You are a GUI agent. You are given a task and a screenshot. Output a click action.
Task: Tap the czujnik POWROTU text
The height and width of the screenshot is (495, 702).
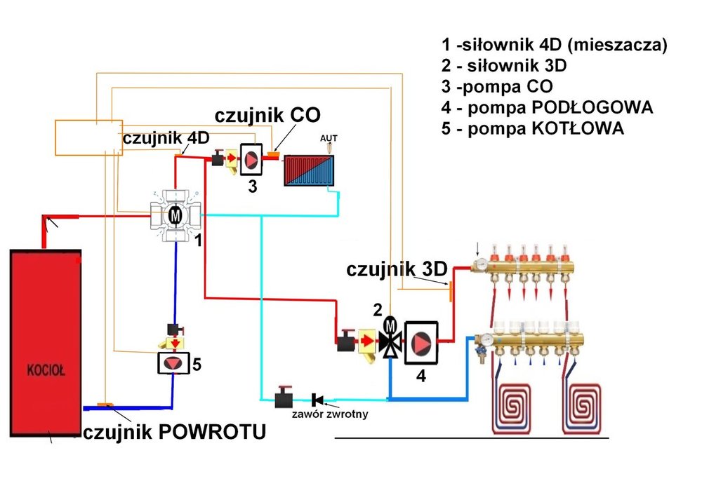coord(175,433)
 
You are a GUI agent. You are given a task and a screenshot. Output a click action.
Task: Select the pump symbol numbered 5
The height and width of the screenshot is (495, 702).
coord(173,362)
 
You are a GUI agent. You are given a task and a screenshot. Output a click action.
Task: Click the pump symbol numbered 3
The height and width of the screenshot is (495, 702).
coord(251,158)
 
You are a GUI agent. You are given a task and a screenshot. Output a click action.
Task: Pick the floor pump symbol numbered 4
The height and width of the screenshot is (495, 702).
coord(421,344)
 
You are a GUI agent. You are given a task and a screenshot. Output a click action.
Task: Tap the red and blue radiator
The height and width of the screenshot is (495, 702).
coord(310,170)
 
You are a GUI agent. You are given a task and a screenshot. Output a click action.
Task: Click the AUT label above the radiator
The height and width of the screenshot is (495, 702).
coord(329,137)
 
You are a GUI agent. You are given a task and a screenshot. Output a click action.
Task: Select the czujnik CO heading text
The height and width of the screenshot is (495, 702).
coord(272,114)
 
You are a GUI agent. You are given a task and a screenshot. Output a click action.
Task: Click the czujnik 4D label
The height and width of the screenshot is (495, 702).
coord(166,138)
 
